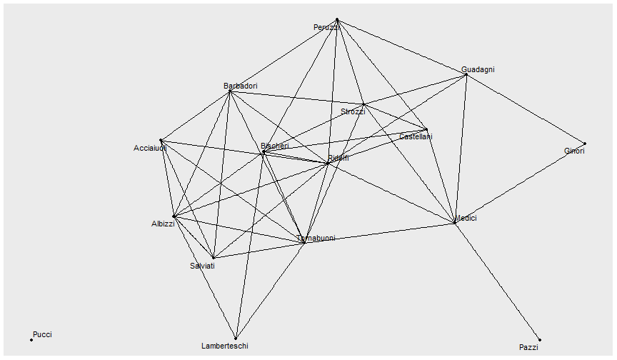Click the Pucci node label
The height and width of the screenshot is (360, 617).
(x=42, y=334)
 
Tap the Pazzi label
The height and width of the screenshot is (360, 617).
(x=528, y=347)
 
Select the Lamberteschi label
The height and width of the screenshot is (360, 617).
(x=225, y=346)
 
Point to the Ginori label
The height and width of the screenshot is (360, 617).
(x=574, y=151)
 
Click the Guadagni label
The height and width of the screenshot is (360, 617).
(x=478, y=70)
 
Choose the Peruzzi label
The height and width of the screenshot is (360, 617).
(x=326, y=28)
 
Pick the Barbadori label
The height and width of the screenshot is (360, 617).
(x=240, y=86)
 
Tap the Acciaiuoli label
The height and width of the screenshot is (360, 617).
(x=150, y=149)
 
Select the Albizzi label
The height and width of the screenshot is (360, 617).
(x=163, y=224)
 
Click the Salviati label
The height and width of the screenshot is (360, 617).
(x=202, y=266)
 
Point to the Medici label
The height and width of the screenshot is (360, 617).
(x=466, y=218)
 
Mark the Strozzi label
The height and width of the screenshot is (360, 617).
(x=353, y=111)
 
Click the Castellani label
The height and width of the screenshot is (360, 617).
(x=416, y=136)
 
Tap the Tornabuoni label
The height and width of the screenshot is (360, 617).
(x=316, y=238)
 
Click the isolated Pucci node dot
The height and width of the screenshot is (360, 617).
(x=31, y=340)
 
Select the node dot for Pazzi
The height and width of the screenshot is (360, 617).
(x=540, y=340)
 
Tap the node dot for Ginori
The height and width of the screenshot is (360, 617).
(x=585, y=144)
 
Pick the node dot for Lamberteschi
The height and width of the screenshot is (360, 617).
(x=235, y=339)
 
